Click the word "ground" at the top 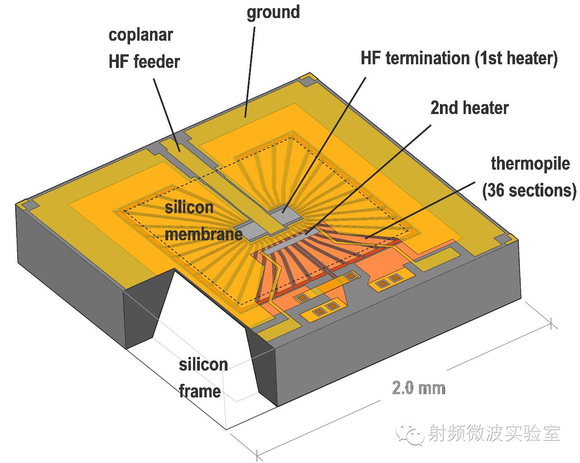point(273,12)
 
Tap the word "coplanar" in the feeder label point(140,35)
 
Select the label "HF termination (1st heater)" point(459,58)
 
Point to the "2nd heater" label point(469,108)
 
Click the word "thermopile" point(530,163)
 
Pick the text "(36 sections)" point(529,191)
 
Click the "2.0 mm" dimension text point(418,388)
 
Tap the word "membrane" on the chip point(203,234)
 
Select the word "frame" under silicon point(199,391)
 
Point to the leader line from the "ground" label point(250,68)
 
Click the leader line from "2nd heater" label point(372,177)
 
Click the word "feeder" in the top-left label point(157,62)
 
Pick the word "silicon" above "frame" point(203,364)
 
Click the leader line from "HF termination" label point(326,140)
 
